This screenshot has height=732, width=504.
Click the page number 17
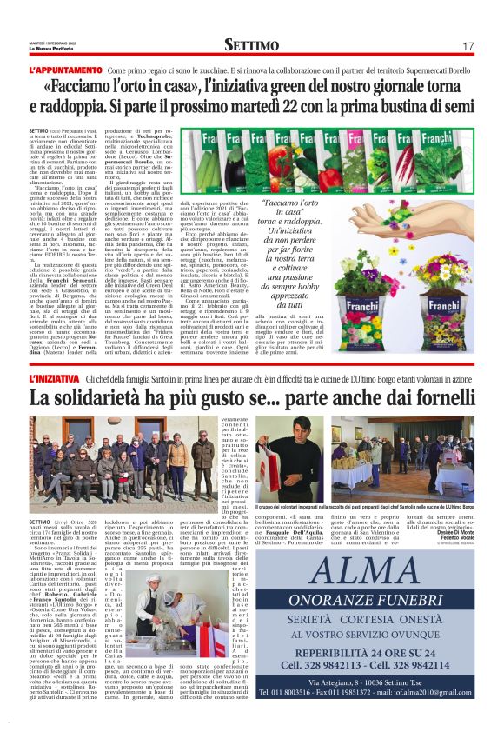[468, 46]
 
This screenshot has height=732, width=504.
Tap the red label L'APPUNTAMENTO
[66, 70]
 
